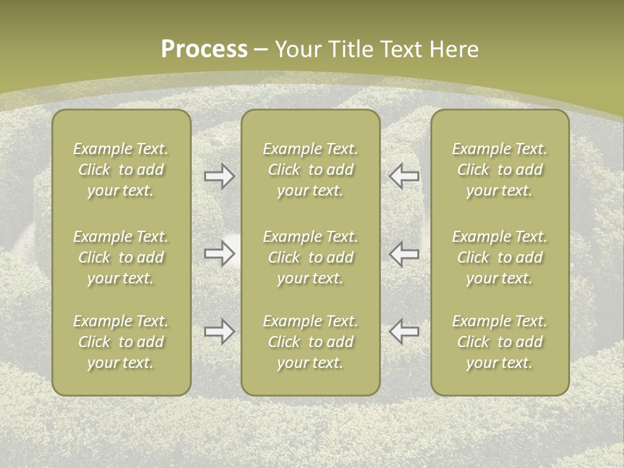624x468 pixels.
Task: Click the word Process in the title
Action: (x=204, y=49)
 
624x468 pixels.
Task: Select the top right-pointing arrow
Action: (x=220, y=176)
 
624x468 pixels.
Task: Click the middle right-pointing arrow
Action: (x=220, y=253)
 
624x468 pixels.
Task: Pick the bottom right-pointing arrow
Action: (x=220, y=331)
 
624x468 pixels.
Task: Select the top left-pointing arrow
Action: (x=404, y=176)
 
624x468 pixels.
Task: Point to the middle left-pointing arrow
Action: (x=404, y=253)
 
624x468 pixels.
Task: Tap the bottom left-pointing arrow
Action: (x=404, y=331)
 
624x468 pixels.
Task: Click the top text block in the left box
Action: (x=121, y=170)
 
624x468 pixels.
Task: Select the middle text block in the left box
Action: (x=121, y=257)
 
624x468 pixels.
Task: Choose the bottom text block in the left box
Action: (x=121, y=342)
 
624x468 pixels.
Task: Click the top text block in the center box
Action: (x=311, y=170)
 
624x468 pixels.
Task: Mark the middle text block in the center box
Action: (x=311, y=257)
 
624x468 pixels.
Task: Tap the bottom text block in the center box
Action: (x=311, y=342)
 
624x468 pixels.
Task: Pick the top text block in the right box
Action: (x=500, y=170)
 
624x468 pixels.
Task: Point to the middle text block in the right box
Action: (x=500, y=257)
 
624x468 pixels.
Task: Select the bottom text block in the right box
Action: (x=500, y=342)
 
